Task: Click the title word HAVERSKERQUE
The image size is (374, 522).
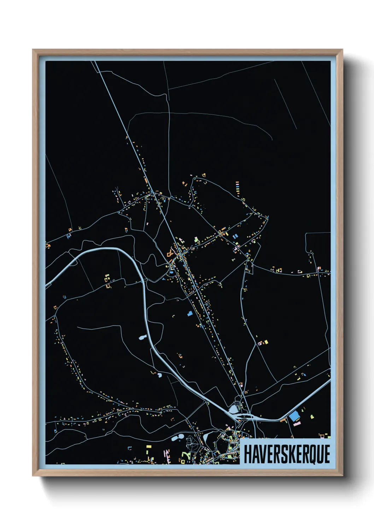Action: click(287, 454)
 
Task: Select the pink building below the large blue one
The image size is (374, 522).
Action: click(297, 423)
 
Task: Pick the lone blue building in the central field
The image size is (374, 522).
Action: click(190, 313)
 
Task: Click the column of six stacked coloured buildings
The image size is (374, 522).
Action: click(237, 187)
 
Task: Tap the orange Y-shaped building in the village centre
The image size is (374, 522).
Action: click(170, 253)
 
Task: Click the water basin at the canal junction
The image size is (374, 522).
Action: click(234, 409)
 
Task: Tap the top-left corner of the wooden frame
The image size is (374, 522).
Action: click(33, 50)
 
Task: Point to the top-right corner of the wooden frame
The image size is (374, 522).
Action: click(342, 50)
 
